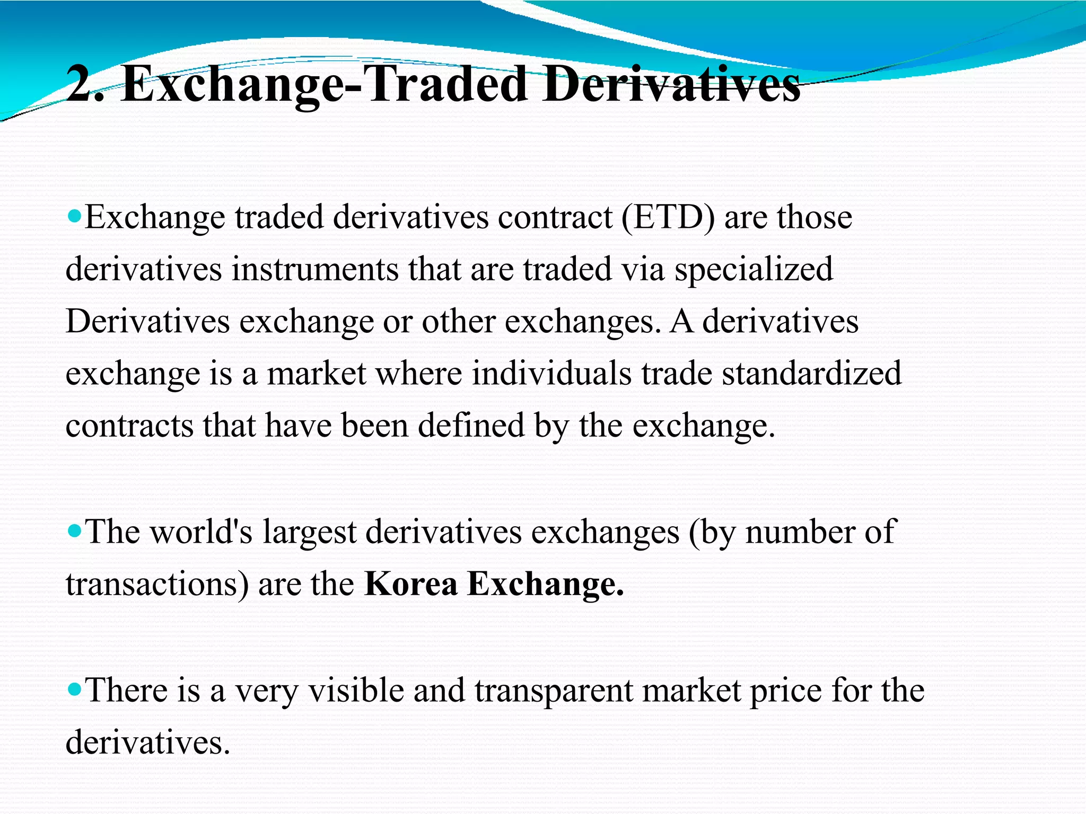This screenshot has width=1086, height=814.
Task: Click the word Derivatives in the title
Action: (x=671, y=85)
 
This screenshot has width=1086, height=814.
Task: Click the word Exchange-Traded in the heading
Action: (x=323, y=85)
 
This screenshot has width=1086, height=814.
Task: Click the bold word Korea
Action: (x=411, y=584)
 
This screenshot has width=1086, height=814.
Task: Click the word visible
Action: (x=356, y=690)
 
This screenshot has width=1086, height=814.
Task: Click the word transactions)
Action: (x=157, y=584)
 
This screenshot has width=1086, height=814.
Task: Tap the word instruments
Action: (x=315, y=269)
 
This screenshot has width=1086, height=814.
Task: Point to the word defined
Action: (x=471, y=425)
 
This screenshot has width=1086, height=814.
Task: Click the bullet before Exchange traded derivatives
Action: (x=75, y=216)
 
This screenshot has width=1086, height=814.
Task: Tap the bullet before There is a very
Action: (x=75, y=689)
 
